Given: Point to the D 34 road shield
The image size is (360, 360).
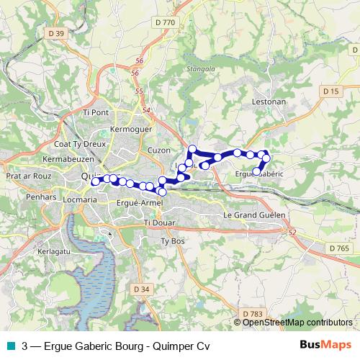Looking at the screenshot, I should click(x=142, y=289).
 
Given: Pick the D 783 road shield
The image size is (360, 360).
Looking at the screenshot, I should click(x=252, y=314).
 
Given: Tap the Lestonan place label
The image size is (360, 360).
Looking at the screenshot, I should click(x=269, y=102).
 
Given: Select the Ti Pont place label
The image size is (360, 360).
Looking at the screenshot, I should click(x=96, y=112).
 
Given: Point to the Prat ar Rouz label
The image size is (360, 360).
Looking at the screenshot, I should click(x=25, y=176).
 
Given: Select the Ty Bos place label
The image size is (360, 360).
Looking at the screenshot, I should click(x=174, y=240).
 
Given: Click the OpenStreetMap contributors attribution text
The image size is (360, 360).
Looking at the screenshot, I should click(x=297, y=323).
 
